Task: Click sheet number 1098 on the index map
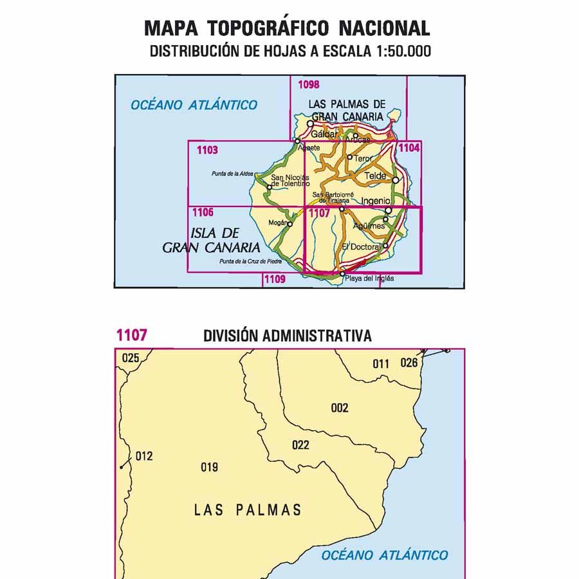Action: pyautogui.click(x=309, y=84)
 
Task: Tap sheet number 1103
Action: pyautogui.click(x=208, y=151)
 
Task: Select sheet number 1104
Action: pyautogui.click(x=410, y=149)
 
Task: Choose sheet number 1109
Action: pyautogui.click(x=274, y=279)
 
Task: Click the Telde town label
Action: pyautogui.click(x=375, y=176)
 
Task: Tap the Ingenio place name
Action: pyautogui.click(x=376, y=201)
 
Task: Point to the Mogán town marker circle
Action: pyautogui.click(x=289, y=225)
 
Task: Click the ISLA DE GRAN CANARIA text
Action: pyautogui.click(x=212, y=239)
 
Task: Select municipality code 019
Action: pyautogui.click(x=210, y=468)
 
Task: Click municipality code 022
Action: pyautogui.click(x=300, y=445)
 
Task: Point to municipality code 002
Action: pyautogui.click(x=340, y=408)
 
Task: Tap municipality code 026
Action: pyautogui.click(x=409, y=363)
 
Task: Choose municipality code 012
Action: pyautogui.click(x=144, y=456)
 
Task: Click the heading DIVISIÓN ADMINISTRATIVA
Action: pyautogui.click(x=287, y=336)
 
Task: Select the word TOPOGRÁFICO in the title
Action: pyautogui.click(x=269, y=28)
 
